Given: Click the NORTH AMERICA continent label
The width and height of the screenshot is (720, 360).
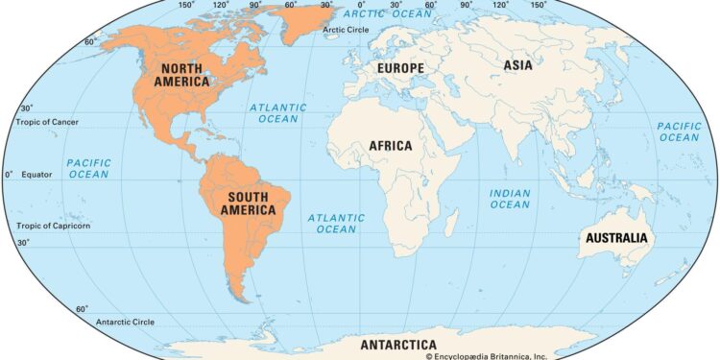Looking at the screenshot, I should (185, 75).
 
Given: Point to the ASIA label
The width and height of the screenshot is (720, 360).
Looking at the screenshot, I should (518, 65).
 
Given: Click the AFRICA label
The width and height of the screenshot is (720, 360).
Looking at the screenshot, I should (391, 146).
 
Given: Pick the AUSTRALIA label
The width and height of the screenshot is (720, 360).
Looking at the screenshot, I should (614, 238).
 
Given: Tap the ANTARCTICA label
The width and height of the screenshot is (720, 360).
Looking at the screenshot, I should (397, 345).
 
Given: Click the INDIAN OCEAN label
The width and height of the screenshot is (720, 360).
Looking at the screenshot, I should (510, 199).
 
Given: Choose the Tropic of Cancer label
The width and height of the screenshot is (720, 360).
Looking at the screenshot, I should (47, 122).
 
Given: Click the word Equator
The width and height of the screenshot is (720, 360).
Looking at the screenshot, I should (37, 175).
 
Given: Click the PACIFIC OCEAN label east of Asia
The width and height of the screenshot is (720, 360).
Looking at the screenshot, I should (679, 132).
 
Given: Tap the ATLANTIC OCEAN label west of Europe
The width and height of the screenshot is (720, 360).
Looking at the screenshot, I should (278, 113).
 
